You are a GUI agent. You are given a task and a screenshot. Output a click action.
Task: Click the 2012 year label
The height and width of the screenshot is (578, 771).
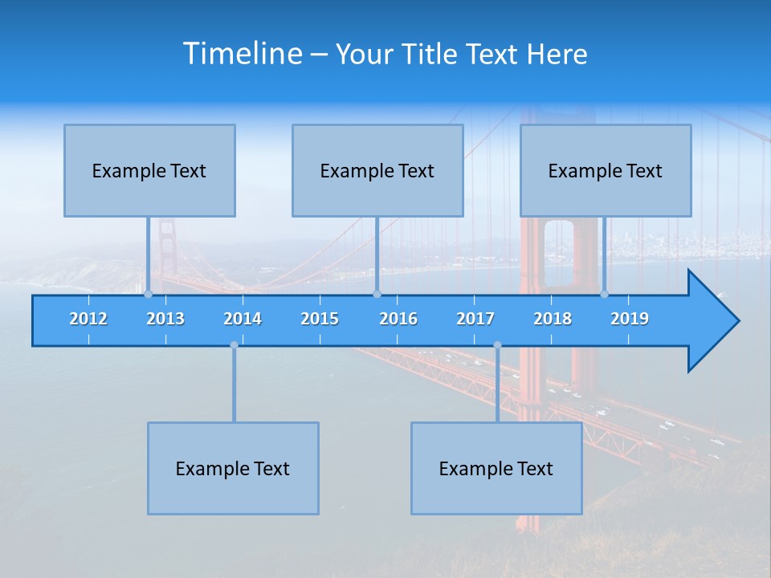click(x=88, y=319)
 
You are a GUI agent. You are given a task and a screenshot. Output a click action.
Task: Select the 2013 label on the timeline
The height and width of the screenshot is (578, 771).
click(x=165, y=319)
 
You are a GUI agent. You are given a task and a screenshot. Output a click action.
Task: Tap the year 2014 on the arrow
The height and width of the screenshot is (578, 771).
click(x=243, y=319)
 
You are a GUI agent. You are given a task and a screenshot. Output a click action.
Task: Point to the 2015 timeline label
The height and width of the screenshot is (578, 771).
click(x=320, y=319)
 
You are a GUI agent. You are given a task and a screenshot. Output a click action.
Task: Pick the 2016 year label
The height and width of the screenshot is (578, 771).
click(x=398, y=319)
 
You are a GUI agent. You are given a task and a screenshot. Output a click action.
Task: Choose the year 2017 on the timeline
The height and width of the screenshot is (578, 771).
click(x=475, y=319)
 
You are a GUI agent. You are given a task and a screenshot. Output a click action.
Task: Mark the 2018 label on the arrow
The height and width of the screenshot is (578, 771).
click(x=553, y=319)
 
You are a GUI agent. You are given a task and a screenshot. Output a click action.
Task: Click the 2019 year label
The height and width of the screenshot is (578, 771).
click(x=630, y=319)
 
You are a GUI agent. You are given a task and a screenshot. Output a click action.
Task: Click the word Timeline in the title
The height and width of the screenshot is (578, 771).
click(x=242, y=54)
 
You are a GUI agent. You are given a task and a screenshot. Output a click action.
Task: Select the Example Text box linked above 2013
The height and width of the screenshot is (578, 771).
click(x=149, y=170)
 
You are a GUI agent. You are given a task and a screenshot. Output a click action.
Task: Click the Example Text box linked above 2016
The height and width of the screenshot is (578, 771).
click(x=377, y=170)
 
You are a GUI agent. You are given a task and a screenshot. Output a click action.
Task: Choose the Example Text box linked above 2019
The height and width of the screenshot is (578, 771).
click(x=606, y=170)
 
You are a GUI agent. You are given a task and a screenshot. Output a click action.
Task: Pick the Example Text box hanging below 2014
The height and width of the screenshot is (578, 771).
click(x=233, y=468)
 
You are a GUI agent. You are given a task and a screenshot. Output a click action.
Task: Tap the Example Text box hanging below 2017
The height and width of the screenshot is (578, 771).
click(x=496, y=468)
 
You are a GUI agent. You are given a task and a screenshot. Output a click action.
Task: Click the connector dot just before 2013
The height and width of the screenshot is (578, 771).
click(x=148, y=294)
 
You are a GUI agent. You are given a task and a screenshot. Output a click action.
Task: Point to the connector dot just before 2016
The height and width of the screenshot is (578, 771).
click(x=377, y=294)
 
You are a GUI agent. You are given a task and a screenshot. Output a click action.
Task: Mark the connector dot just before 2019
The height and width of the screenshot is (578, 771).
click(x=605, y=294)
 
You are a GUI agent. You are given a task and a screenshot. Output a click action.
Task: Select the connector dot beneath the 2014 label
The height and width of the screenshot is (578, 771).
click(x=234, y=345)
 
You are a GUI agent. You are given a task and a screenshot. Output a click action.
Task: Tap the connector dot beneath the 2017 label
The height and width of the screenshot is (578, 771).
click(x=497, y=345)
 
